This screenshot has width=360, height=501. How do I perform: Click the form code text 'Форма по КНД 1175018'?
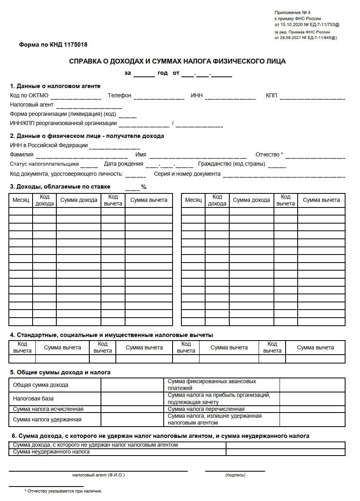(53, 45)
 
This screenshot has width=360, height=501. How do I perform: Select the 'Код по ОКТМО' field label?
(29, 95)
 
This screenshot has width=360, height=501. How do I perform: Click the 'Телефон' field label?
(119, 95)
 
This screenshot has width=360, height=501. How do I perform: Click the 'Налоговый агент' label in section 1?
(32, 105)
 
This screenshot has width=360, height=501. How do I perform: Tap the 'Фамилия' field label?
(22, 154)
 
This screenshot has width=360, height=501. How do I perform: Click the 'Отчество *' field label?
(269, 154)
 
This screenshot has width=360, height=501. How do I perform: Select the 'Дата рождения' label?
(123, 164)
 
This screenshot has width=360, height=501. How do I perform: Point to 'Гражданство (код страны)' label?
(231, 164)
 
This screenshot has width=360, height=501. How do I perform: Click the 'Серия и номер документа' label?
(187, 174)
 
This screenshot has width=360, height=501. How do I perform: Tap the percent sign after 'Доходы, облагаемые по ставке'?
(144, 187)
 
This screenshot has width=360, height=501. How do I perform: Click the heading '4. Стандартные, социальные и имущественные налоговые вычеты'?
(111, 335)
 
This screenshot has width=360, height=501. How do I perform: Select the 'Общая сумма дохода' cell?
(41, 385)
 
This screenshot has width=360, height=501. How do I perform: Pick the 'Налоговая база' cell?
(33, 398)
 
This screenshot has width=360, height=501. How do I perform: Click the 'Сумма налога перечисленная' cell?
(206, 409)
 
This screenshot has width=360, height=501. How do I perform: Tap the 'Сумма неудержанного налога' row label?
(51, 452)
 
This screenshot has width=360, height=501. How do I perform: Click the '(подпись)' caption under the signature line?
(235, 475)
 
